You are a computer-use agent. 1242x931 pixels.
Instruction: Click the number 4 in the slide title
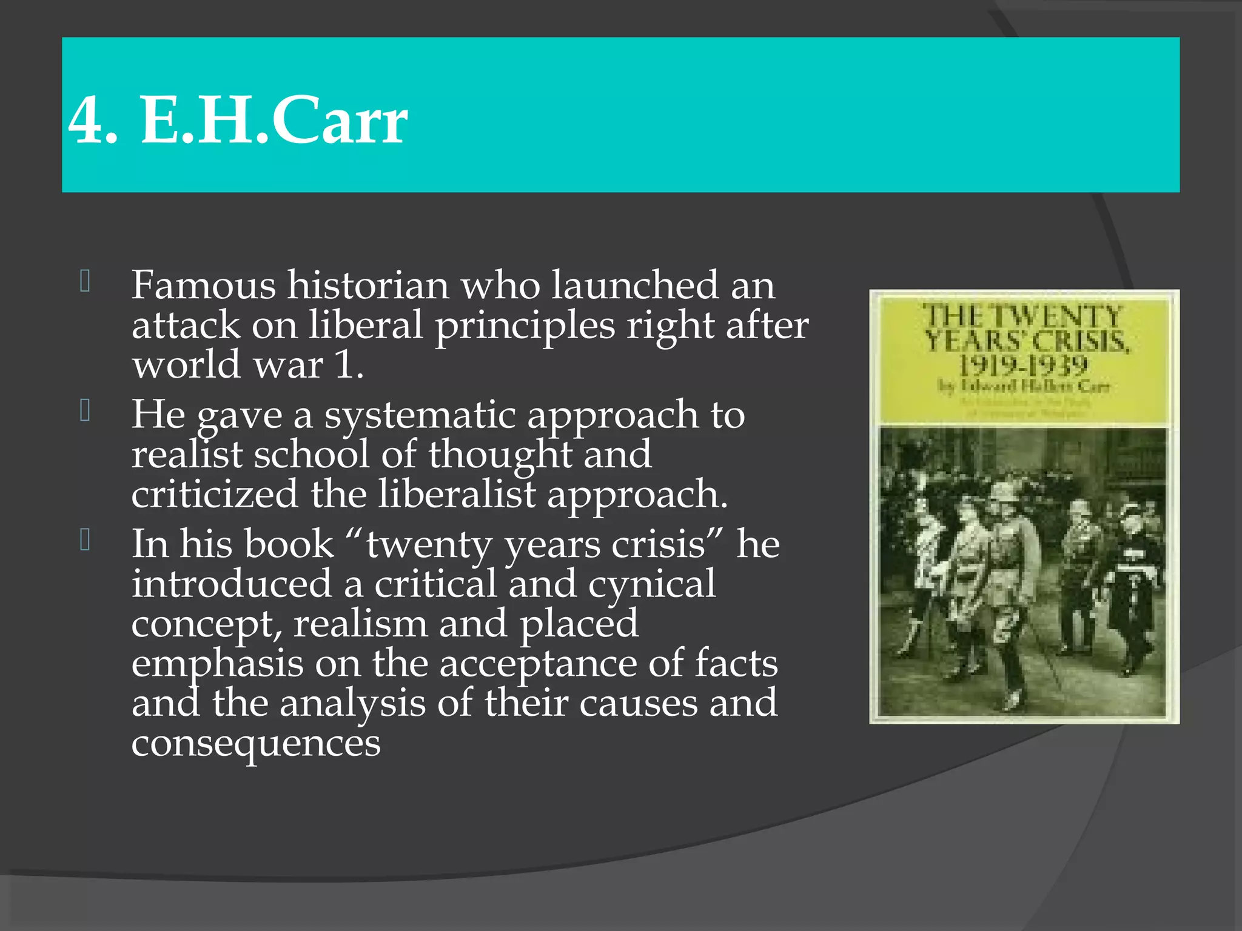86,120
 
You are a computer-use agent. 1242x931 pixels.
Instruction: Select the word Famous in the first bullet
203,285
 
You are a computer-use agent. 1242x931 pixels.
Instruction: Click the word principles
525,326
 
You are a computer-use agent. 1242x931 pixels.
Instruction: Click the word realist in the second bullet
187,455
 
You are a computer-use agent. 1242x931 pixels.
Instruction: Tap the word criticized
215,494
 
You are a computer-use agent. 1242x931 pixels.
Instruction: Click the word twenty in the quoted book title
429,544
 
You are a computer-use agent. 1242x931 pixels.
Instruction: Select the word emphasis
217,664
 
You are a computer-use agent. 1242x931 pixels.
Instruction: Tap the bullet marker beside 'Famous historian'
85,281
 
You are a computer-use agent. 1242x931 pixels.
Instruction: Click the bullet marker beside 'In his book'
85,539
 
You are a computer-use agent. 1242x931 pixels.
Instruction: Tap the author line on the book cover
1024,386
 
